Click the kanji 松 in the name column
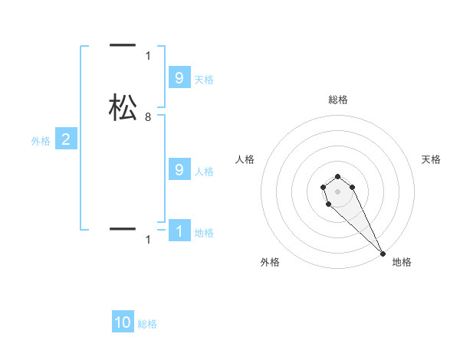(123, 107)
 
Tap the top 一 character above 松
(123, 46)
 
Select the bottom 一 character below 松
(123, 228)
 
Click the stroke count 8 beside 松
(148, 117)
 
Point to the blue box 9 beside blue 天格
(179, 77)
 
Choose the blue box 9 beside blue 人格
(179, 170)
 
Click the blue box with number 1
(179, 231)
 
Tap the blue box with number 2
(66, 139)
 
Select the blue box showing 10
(123, 322)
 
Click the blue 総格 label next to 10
(147, 324)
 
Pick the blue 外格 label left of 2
(41, 141)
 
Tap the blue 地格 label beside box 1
(204, 233)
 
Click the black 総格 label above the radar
(338, 100)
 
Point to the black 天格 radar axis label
(431, 159)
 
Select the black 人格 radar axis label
(245, 159)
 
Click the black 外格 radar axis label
(270, 263)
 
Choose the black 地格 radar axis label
(402, 263)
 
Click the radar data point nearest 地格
(383, 253)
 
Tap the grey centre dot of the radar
(338, 191)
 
